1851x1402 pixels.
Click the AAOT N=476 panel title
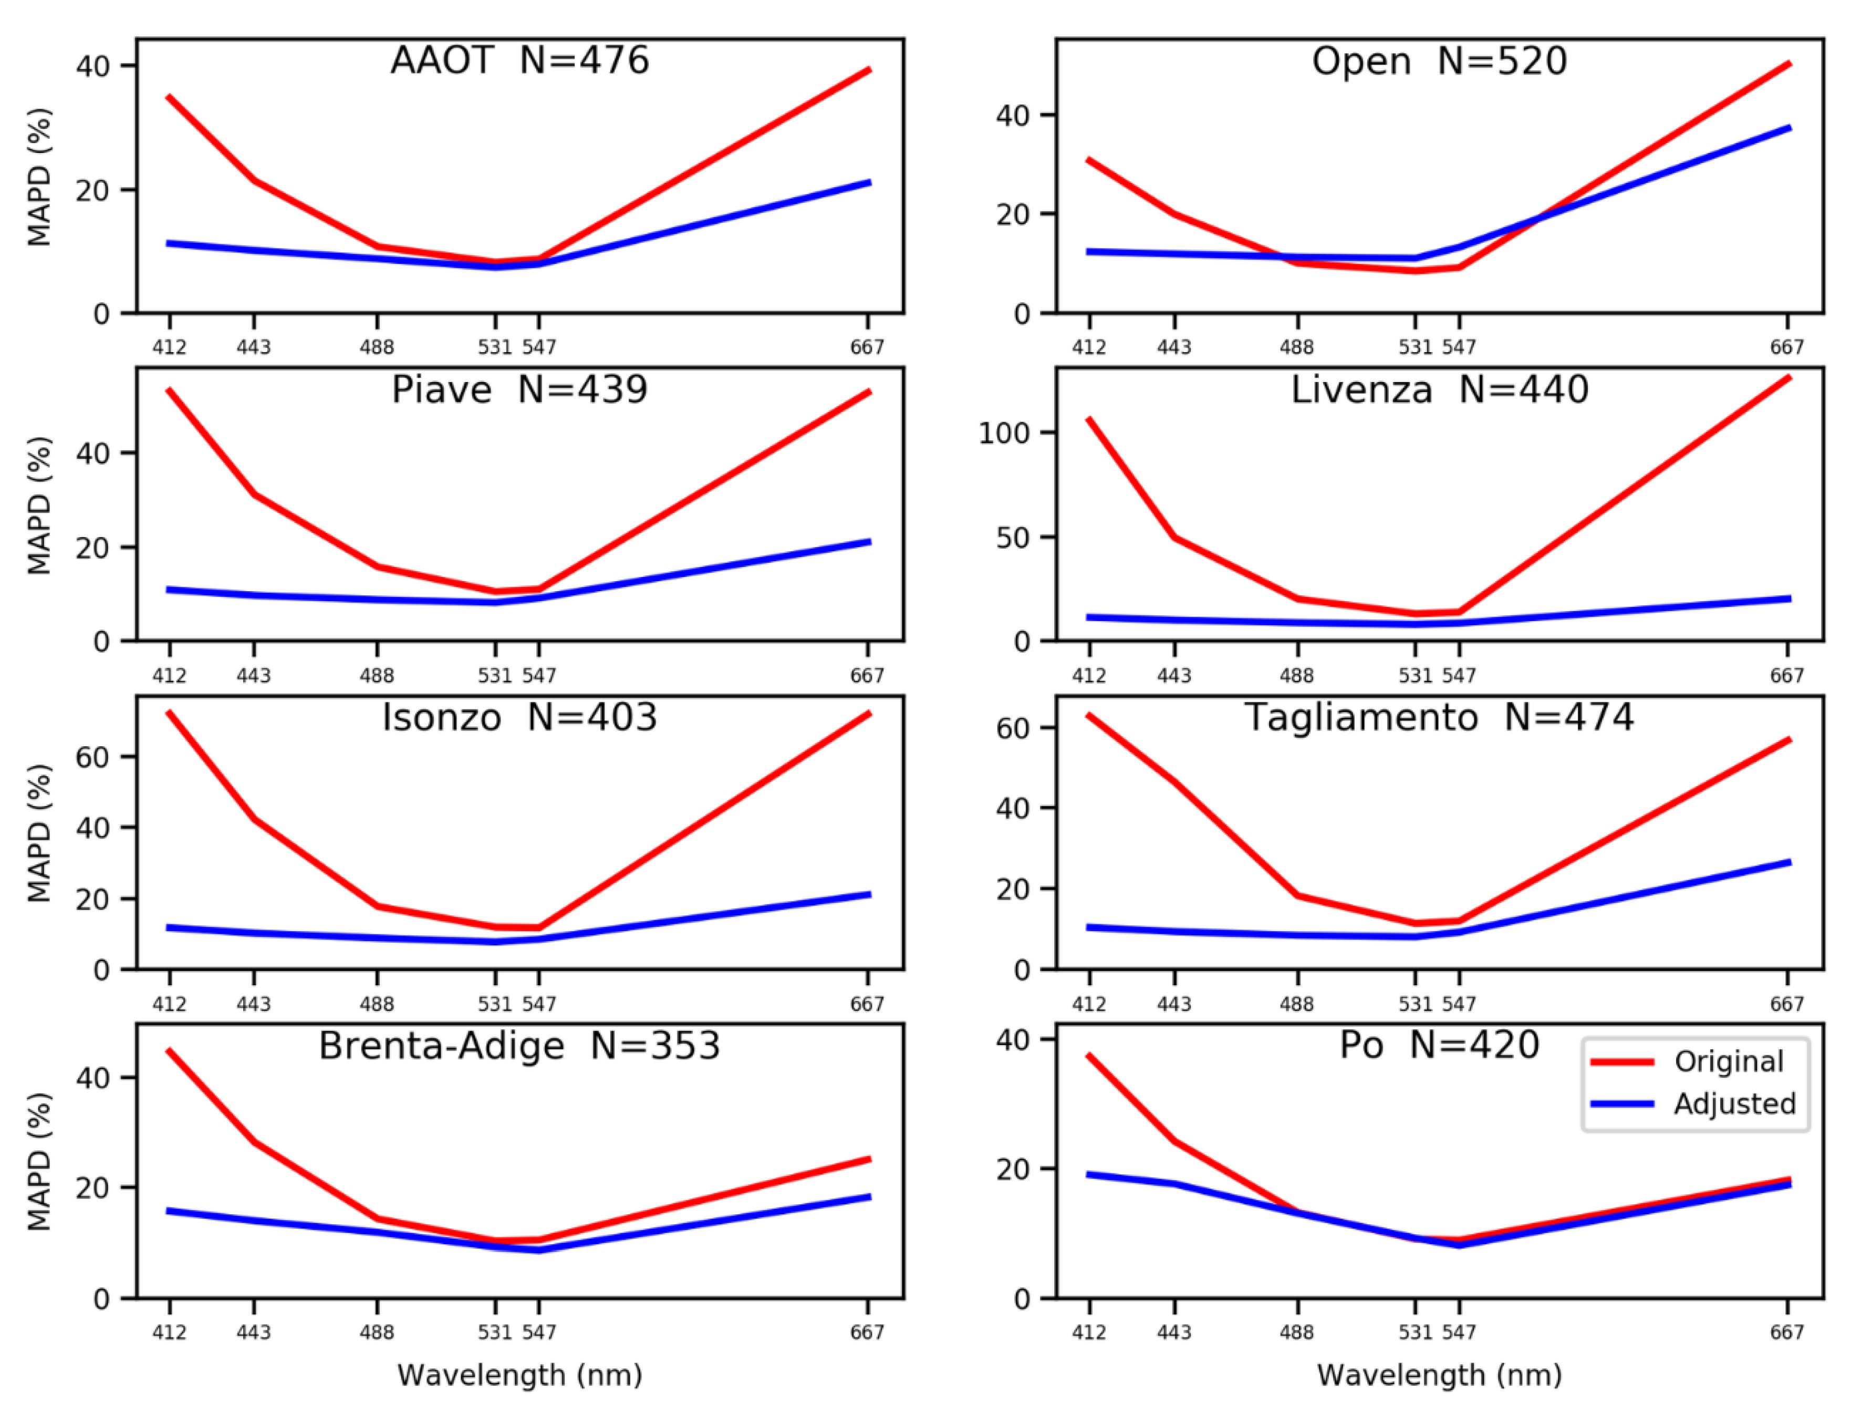point(519,60)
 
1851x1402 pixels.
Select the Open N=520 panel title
point(1439,61)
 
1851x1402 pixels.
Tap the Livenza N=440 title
point(1439,390)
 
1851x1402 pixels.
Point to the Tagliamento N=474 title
point(1439,717)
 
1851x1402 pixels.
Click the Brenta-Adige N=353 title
point(519,1045)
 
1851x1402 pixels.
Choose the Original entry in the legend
point(1728,1061)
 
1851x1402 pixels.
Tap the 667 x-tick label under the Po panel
point(1786,1332)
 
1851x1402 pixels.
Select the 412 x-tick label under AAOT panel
point(169,346)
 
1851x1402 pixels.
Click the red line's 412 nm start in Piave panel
point(170,390)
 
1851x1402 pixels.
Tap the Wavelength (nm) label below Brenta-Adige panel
point(519,1375)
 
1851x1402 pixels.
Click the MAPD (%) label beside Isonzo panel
point(39,833)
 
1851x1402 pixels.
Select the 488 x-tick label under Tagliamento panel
point(1296,1004)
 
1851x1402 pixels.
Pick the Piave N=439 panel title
point(519,390)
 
